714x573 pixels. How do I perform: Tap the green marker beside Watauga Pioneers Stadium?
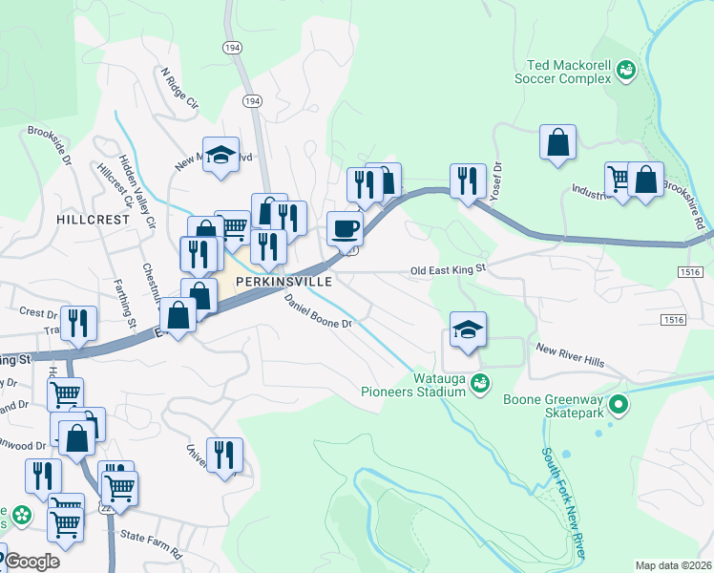click(480, 383)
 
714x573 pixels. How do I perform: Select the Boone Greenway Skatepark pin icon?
click(619, 406)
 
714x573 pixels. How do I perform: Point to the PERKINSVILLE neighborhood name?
click(284, 283)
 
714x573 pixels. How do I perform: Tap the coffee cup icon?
click(345, 228)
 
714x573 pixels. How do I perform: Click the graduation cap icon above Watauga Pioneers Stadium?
click(468, 329)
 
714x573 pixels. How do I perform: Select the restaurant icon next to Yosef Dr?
click(468, 180)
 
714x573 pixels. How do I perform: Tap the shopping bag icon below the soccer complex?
click(557, 143)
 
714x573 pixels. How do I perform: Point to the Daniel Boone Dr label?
click(319, 311)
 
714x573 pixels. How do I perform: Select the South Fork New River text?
click(563, 502)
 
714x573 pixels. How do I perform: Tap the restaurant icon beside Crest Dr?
click(77, 323)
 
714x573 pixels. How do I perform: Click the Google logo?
click(31, 562)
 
